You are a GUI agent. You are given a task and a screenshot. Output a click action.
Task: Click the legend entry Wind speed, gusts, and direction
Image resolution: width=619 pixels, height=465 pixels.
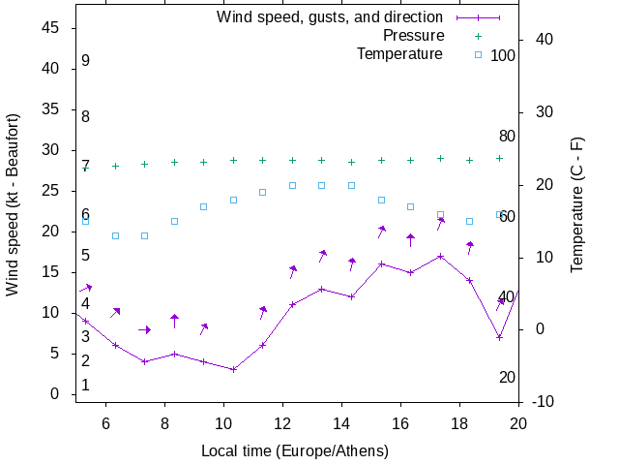pyautogui.click(x=330, y=17)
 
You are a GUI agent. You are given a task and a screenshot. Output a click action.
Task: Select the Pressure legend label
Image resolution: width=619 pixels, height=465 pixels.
pyautogui.click(x=413, y=36)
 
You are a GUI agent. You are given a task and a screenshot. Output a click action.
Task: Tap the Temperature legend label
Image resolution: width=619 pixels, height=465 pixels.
pyautogui.click(x=399, y=54)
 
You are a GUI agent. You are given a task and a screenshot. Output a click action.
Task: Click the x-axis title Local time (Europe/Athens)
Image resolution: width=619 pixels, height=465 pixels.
pyautogui.click(x=295, y=451)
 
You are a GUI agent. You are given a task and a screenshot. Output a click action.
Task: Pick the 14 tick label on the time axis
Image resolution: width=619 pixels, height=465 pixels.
pyautogui.click(x=341, y=422)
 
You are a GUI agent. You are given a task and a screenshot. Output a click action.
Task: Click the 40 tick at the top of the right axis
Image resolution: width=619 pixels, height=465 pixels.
pyautogui.click(x=542, y=40)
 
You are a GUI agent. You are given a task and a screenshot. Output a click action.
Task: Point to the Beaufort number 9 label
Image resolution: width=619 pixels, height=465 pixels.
pyautogui.click(x=85, y=61)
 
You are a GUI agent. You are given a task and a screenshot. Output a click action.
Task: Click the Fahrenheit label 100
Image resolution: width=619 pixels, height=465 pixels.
pyautogui.click(x=503, y=55)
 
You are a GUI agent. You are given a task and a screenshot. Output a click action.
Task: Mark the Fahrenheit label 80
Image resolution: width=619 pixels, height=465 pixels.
pyautogui.click(x=507, y=136)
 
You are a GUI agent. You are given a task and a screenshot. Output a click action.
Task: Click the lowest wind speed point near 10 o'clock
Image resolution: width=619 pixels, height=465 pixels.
pyautogui.click(x=233, y=369)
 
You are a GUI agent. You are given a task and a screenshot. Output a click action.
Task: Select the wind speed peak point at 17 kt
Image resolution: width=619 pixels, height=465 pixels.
pyautogui.click(x=440, y=257)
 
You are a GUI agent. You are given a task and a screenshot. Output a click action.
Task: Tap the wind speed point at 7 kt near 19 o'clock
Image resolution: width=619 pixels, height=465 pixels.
pyautogui.click(x=499, y=337)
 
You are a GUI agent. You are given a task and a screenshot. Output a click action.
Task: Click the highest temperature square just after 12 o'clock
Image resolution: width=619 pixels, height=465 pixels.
pyautogui.click(x=292, y=185)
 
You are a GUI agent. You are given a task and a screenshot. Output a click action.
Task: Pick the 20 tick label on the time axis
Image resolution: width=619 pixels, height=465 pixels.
pyautogui.click(x=518, y=422)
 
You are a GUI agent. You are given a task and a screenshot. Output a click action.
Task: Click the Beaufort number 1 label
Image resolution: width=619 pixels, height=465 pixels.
pyautogui.click(x=85, y=386)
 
